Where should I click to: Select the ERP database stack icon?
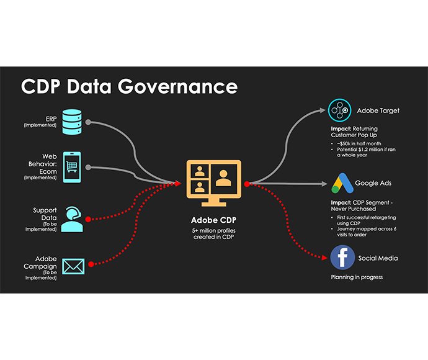tap(71, 120)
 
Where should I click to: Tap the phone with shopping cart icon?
tap(72, 168)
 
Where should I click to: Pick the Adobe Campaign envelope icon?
tap(73, 266)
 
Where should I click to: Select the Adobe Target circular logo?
tap(340, 111)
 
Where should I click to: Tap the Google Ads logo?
tap(340, 184)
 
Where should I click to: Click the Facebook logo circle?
tap(342, 258)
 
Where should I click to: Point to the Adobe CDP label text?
tap(213, 220)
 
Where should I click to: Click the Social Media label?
tap(378, 258)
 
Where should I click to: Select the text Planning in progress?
tap(357, 277)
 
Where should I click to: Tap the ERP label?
tap(50, 117)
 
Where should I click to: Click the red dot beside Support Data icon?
tap(88, 219)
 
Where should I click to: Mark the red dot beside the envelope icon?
tap(91, 264)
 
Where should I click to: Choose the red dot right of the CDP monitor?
tap(247, 184)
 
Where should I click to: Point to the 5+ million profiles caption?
tap(213, 235)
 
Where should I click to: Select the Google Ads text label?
tap(373, 184)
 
